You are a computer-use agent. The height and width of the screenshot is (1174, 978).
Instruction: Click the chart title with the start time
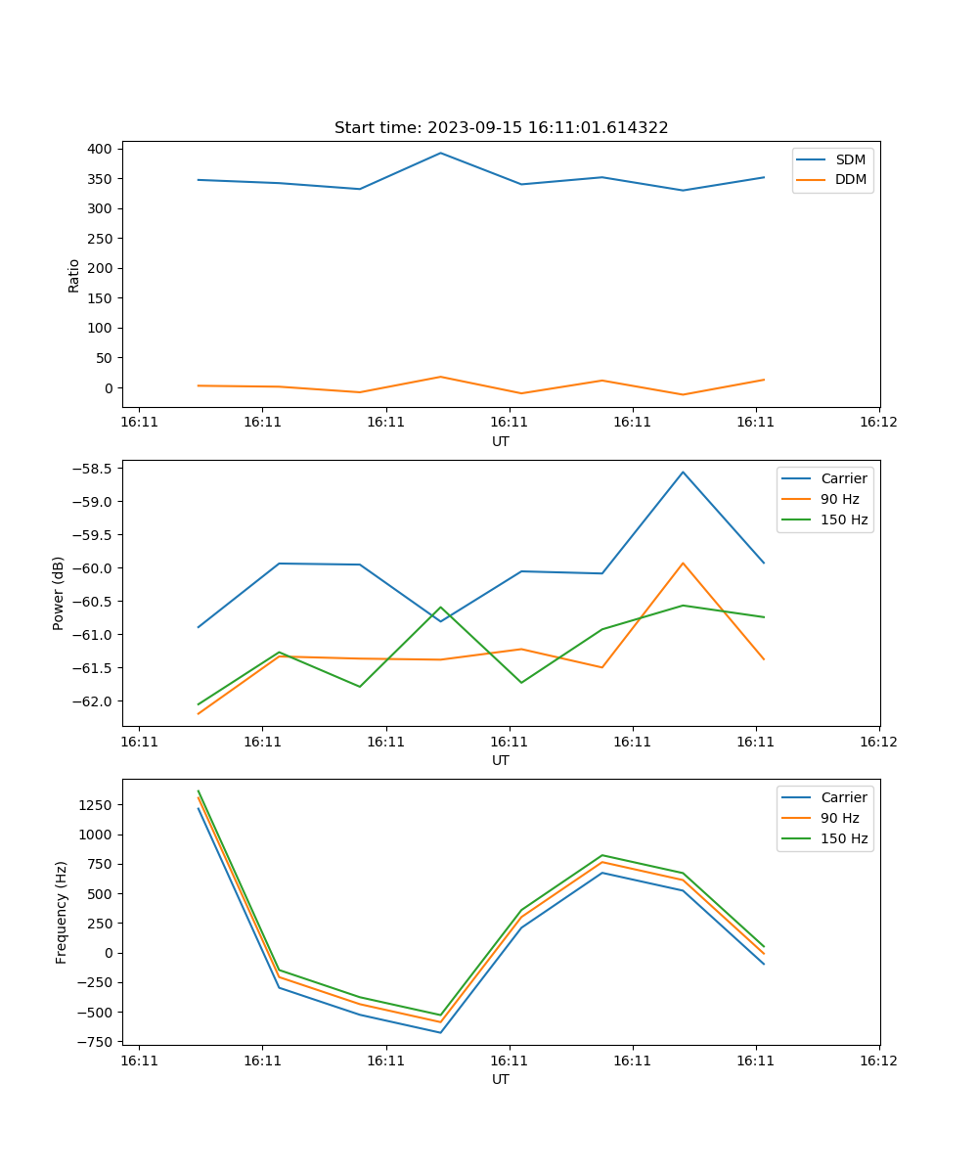pyautogui.click(x=501, y=128)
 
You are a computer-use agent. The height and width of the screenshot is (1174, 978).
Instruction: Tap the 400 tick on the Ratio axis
pyautogui.click(x=101, y=149)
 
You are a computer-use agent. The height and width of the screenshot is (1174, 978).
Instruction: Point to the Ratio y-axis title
pyautogui.click(x=73, y=275)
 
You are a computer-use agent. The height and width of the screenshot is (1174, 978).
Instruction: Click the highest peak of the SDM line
pyautogui.click(x=441, y=153)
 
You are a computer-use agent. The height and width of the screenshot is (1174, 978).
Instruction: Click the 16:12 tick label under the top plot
pyautogui.click(x=878, y=423)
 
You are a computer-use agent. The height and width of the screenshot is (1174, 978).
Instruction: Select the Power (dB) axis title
pyautogui.click(x=59, y=593)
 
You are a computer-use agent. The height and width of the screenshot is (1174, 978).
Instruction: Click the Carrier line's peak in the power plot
pyautogui.click(x=683, y=472)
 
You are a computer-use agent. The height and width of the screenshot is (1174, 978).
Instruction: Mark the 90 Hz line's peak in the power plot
pyautogui.click(x=683, y=563)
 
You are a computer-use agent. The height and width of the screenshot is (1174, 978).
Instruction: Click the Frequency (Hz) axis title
pyautogui.click(x=62, y=912)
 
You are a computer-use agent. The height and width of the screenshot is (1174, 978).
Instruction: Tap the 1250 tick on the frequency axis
pyautogui.click(x=97, y=805)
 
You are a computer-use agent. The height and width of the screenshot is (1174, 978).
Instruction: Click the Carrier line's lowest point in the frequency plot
pyautogui.click(x=441, y=1032)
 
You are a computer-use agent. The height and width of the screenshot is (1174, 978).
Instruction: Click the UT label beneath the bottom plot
pyautogui.click(x=501, y=1079)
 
